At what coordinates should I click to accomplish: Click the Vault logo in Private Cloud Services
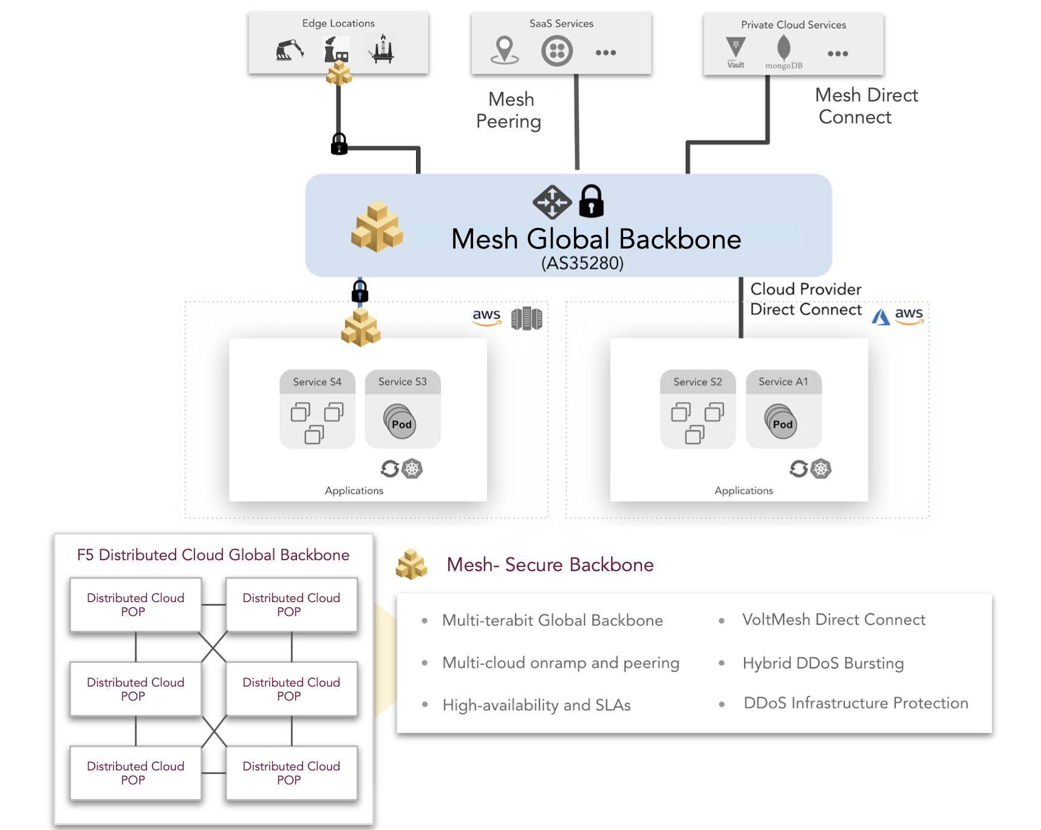pos(736,50)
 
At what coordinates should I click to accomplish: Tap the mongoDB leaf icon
pos(784,48)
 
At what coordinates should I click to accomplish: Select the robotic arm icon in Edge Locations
pos(290,50)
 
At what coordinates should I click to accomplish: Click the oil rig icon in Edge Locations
pos(382,49)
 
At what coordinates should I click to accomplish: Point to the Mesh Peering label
pos(510,110)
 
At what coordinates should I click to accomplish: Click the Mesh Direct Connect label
pos(865,106)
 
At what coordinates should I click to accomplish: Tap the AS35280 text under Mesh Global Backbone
pos(582,263)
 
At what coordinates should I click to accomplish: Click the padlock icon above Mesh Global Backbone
pos(591,202)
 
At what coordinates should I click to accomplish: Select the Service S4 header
pos(317,382)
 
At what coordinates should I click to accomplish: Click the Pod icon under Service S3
pos(400,422)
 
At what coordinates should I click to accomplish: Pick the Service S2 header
pos(697,382)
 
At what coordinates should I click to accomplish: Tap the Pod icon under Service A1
pos(781,422)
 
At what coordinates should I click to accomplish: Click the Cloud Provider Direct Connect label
pos(805,299)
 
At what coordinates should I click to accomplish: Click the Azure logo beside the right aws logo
pos(881,317)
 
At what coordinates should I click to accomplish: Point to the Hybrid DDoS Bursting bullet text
pos(822,663)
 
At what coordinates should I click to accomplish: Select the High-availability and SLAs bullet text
pos(536,705)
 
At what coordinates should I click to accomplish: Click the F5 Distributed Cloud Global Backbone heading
pos(213,555)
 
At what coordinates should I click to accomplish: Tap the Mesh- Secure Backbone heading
pos(550,564)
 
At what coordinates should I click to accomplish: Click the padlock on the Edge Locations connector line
pos(339,145)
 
